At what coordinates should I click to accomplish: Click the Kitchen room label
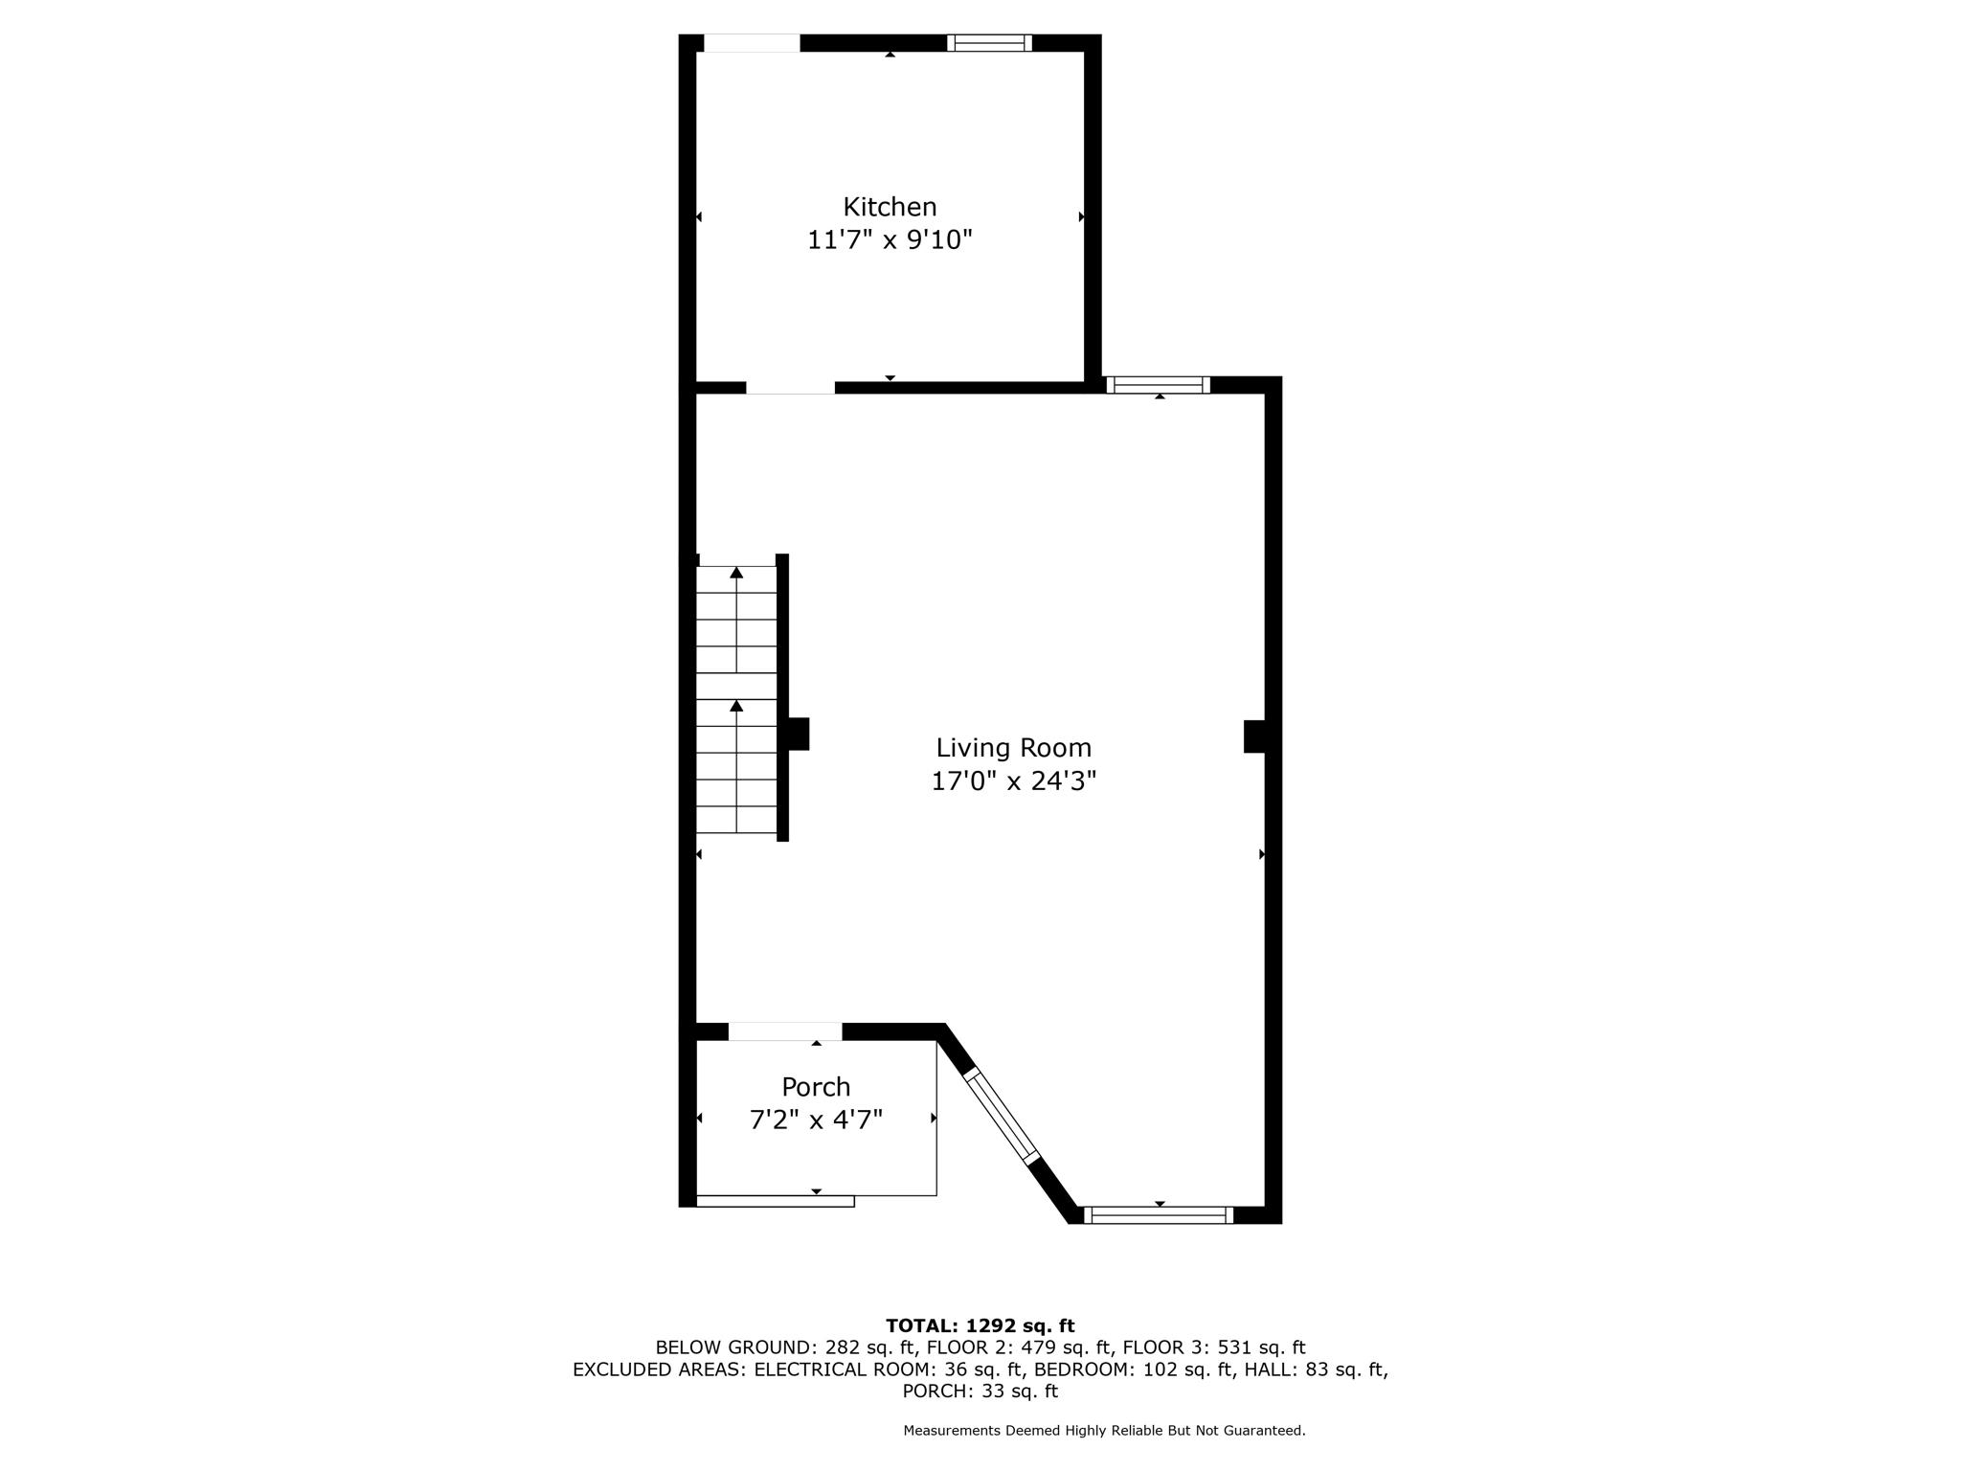click(890, 207)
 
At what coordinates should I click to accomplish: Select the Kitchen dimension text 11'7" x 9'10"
click(890, 239)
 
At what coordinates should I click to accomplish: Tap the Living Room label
click(1014, 748)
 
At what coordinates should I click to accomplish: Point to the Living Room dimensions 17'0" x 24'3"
click(1014, 781)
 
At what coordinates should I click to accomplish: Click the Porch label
click(816, 1087)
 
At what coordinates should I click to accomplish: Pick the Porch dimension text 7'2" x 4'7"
click(816, 1120)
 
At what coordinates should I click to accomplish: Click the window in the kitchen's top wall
click(989, 42)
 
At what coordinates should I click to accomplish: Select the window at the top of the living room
click(1159, 385)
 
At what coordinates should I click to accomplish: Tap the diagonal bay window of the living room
click(1001, 1116)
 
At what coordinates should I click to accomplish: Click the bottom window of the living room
click(1159, 1215)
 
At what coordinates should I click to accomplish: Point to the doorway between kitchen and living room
click(790, 387)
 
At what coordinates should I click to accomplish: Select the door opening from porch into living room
click(785, 1031)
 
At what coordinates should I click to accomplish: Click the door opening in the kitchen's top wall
click(752, 43)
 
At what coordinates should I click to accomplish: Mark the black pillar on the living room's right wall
click(1254, 736)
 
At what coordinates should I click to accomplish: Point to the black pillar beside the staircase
click(798, 734)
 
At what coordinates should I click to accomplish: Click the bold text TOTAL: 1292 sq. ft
click(980, 1326)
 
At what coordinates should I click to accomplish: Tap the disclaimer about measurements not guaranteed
click(1104, 1431)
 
